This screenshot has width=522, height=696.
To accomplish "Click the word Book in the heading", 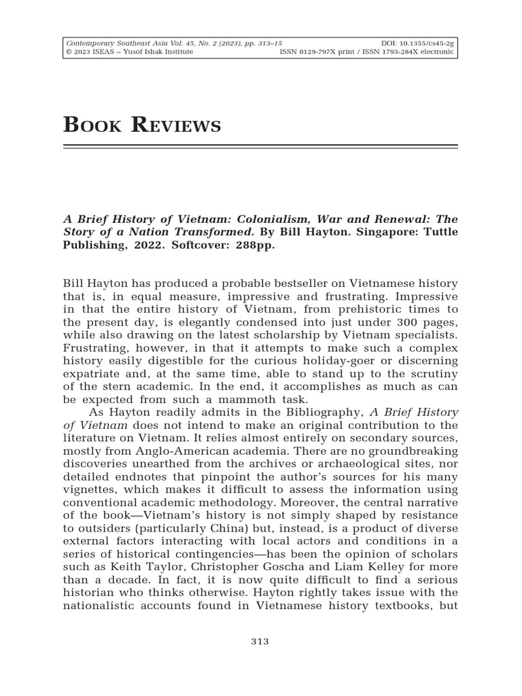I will tap(92, 124).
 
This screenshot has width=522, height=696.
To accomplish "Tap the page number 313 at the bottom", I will tap(260, 642).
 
